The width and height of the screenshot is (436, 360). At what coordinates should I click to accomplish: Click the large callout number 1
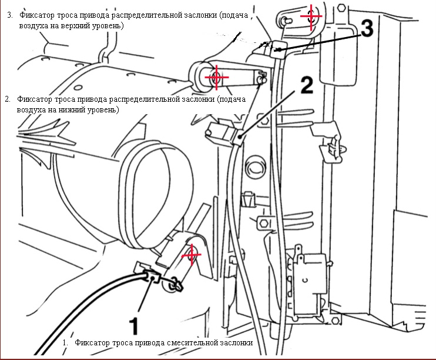[133, 324]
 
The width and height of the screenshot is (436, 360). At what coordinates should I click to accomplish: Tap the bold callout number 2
[307, 86]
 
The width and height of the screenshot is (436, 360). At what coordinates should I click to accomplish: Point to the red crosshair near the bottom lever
[191, 256]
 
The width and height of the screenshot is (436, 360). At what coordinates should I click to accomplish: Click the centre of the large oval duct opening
[154, 194]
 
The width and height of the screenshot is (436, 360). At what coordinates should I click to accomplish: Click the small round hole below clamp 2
[256, 168]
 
